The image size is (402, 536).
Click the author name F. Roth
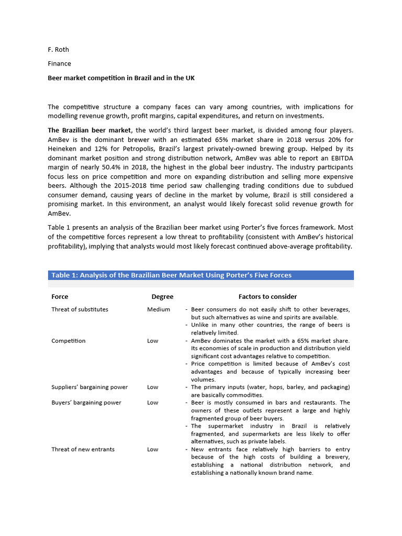[x=58, y=50]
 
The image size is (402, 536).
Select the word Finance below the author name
[x=59, y=63]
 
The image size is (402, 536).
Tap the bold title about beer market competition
[x=121, y=77]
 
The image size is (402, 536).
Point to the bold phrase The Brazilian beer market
[x=90, y=130]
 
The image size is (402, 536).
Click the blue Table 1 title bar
[x=201, y=275]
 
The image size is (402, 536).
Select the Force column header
[x=60, y=297]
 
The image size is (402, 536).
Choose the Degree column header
[x=162, y=297]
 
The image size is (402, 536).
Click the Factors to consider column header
[x=267, y=297]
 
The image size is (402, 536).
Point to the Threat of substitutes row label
[x=80, y=309]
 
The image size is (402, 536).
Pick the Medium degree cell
[x=159, y=309]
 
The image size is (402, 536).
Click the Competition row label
[x=69, y=341]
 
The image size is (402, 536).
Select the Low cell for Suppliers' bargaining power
[x=153, y=387]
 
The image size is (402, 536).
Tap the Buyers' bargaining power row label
[x=86, y=403]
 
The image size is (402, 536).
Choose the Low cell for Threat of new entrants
[x=153, y=449]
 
